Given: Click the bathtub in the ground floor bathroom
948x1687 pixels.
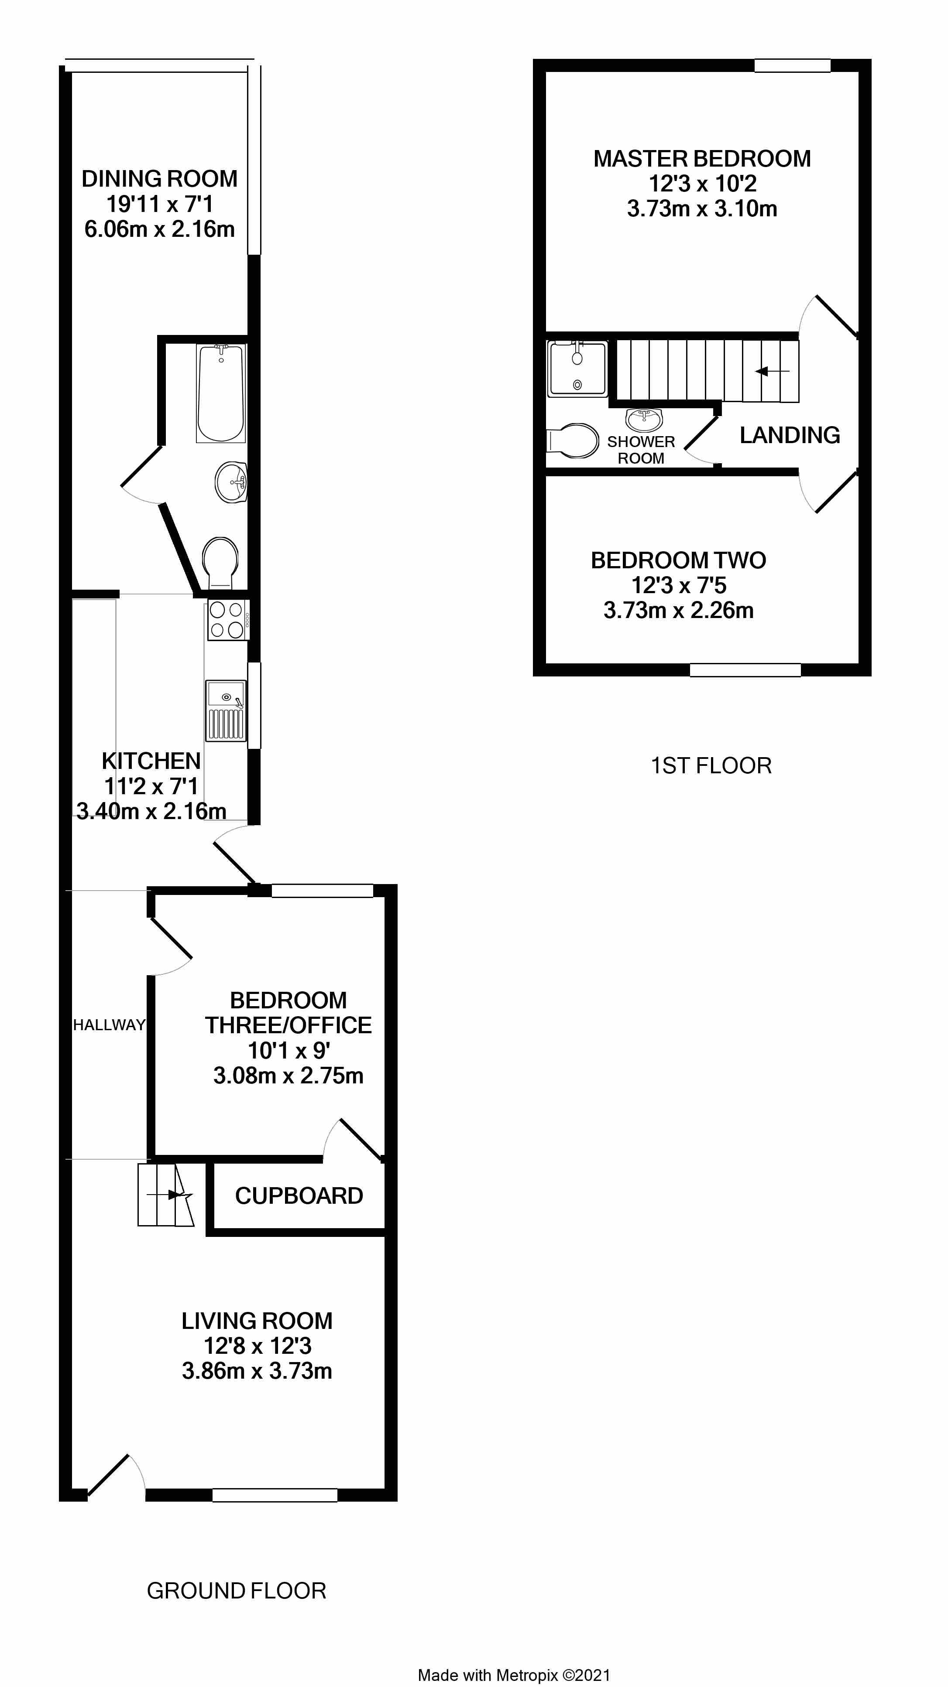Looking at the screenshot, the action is [221, 393].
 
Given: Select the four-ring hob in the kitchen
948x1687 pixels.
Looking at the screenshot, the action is [228, 619].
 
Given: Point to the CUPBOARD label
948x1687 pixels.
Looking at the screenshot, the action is [299, 1196].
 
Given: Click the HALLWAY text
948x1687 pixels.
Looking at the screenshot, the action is [109, 1025].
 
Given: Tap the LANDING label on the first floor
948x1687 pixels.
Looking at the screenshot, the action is [790, 435].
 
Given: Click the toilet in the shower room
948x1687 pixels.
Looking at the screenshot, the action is [572, 440].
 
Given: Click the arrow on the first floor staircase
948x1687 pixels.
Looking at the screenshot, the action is [772, 371].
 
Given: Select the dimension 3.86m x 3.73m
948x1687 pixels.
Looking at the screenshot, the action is [257, 1371].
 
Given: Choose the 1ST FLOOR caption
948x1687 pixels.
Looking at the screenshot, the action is [711, 765].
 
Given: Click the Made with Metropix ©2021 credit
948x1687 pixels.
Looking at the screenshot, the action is [514, 1670].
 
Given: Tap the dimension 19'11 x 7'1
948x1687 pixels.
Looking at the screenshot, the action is [160, 204].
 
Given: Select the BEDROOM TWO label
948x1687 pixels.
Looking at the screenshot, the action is [678, 560].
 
